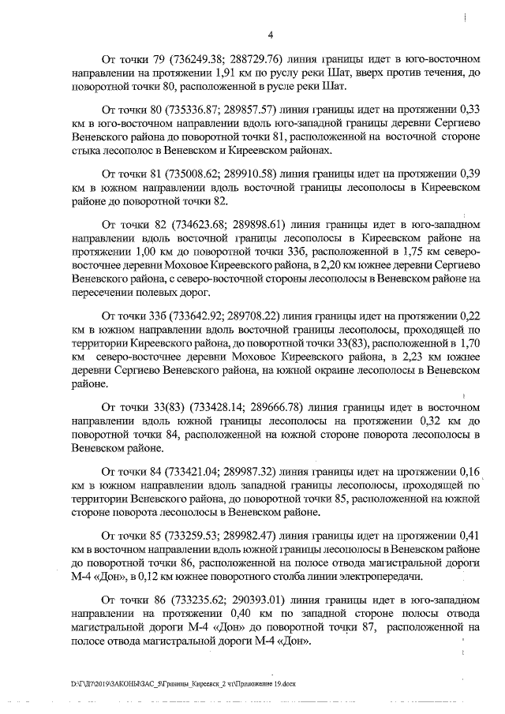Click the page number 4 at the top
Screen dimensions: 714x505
click(271, 35)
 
